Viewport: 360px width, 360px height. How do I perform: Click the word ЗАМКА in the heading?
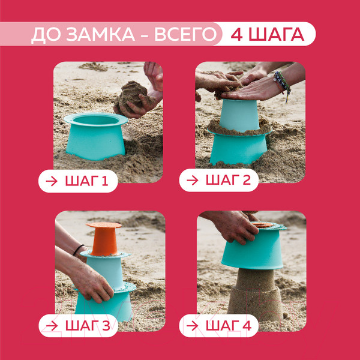(101, 34)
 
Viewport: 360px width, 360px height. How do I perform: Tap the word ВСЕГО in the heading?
(185, 34)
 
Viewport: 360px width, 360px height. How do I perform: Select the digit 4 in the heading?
(237, 34)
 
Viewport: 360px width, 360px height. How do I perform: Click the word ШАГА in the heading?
(277, 34)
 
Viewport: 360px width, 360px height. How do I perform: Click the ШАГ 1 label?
(86, 181)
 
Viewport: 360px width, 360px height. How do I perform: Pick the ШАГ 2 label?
(228, 180)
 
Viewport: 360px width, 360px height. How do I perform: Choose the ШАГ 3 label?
(88, 326)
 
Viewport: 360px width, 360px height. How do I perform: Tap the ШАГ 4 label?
(229, 326)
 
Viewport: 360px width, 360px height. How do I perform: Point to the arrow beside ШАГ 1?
(52, 181)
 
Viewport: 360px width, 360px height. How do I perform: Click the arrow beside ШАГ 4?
(192, 326)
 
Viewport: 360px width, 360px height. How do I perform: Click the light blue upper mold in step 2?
(239, 115)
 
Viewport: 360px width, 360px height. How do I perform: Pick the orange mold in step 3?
(104, 239)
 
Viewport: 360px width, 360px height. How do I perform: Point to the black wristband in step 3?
(78, 250)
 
